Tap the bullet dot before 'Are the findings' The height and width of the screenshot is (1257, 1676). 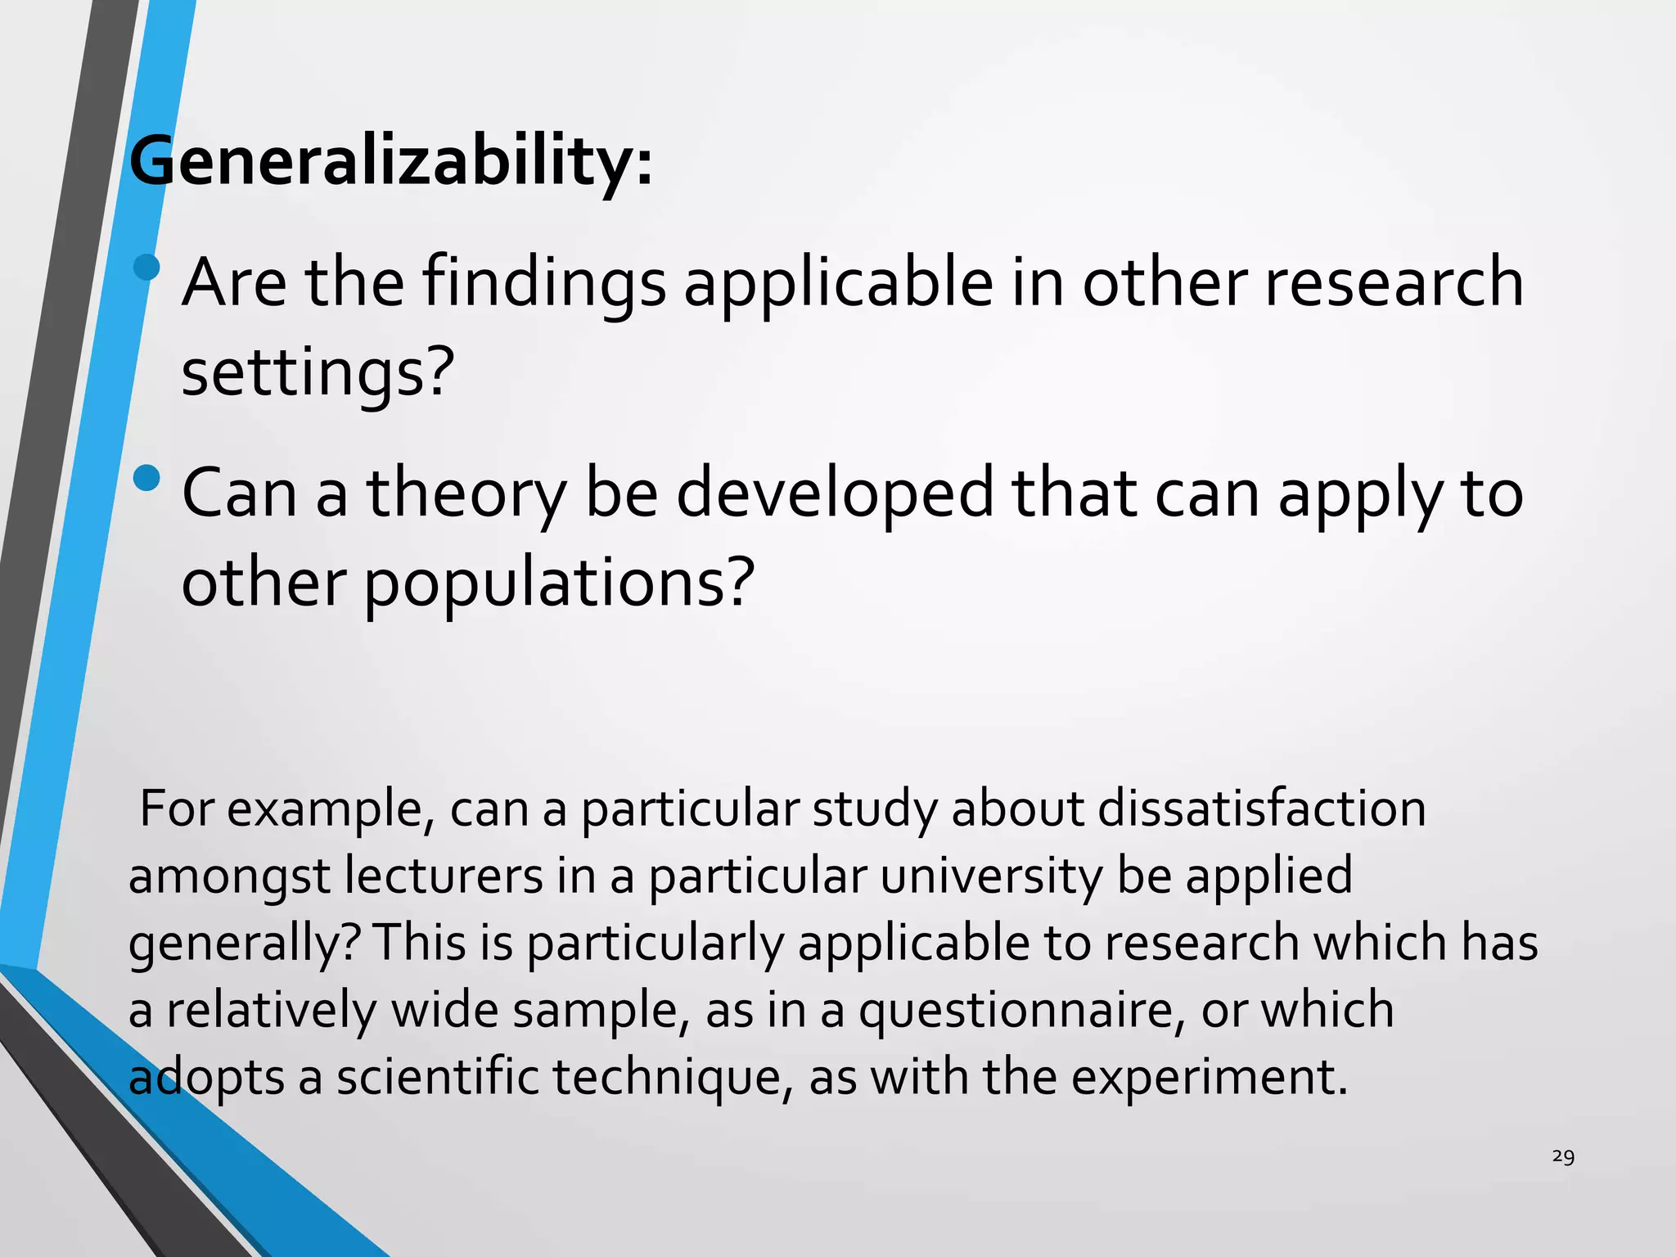pyautogui.click(x=146, y=267)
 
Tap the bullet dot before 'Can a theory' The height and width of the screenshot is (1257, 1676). pyautogui.click(x=146, y=478)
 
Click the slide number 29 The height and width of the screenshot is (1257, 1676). pyautogui.click(x=1563, y=1156)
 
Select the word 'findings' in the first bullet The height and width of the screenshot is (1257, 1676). pyautogui.click(x=544, y=284)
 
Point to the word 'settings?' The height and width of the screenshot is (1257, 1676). pyautogui.click(x=318, y=373)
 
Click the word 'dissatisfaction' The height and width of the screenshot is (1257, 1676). pyautogui.click(x=1261, y=809)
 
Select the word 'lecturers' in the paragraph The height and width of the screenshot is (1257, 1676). pyautogui.click(x=443, y=876)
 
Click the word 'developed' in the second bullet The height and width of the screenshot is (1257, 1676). pyautogui.click(x=834, y=495)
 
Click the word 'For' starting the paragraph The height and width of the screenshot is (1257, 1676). pyautogui.click(x=178, y=809)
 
